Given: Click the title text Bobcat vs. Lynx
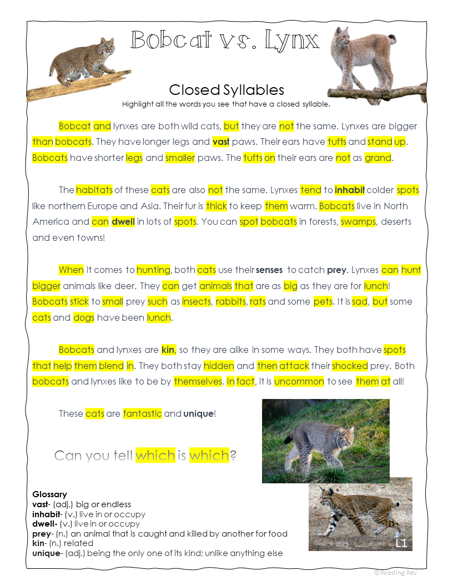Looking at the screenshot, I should coord(225,40).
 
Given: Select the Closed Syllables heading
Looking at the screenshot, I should coord(226,90).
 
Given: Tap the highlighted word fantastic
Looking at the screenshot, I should coord(143,413).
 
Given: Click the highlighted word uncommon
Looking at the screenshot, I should coord(299,382).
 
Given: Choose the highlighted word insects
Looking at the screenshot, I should coord(197,302).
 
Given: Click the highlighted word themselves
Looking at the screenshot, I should coord(198,382).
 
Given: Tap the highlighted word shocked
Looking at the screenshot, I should coord(350,366).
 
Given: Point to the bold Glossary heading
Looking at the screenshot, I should coord(49,494).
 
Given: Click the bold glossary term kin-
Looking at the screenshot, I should coord(40,543).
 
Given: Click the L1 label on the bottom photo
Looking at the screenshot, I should coord(401,543).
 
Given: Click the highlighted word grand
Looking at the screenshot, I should coord(378,158).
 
